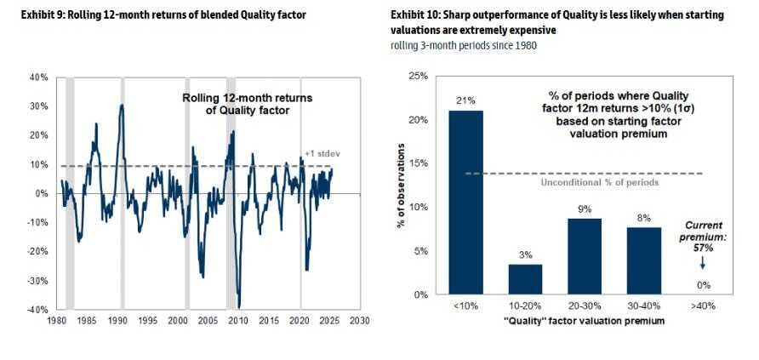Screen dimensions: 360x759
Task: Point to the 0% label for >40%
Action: coord(703,285)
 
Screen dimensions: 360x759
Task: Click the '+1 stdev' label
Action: coord(318,154)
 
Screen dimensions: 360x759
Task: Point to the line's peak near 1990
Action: coord(122,105)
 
